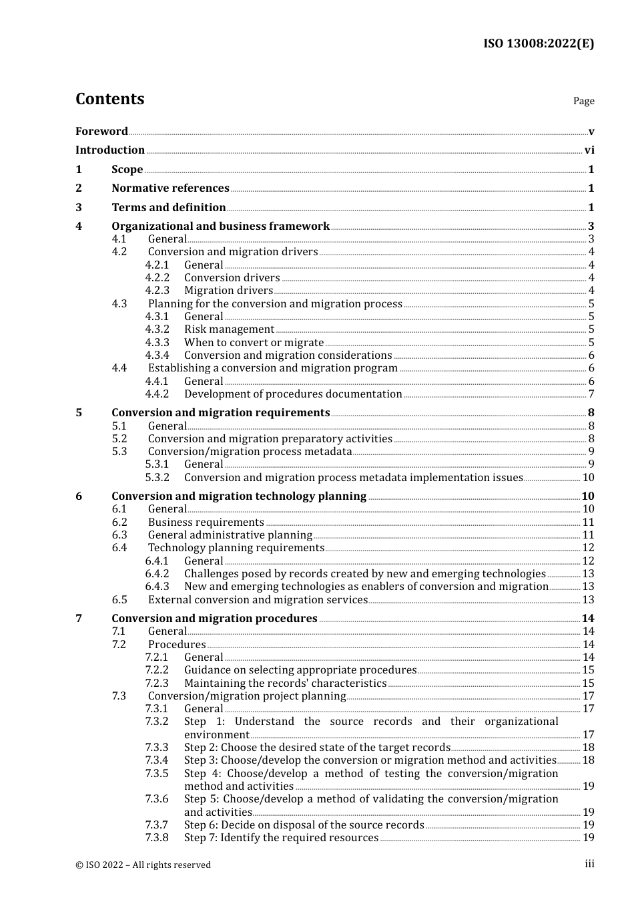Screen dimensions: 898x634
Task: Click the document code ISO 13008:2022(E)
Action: [x=538, y=43]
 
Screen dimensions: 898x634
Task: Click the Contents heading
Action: [x=109, y=99]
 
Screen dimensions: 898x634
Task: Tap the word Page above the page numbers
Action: [x=583, y=101]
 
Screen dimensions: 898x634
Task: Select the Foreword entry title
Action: [x=101, y=131]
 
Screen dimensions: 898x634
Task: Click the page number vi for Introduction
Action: [x=589, y=150]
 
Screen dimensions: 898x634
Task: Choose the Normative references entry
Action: [x=170, y=188]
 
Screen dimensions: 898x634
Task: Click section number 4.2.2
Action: [x=157, y=278]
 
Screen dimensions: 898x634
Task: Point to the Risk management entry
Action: [x=229, y=329]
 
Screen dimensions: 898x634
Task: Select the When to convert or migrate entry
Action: [x=254, y=343]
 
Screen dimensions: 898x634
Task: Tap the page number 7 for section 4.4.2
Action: [x=591, y=394]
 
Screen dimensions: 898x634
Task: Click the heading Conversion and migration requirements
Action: [x=220, y=413]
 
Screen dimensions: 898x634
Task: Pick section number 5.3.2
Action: [x=157, y=478]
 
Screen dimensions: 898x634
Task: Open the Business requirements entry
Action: [x=206, y=522]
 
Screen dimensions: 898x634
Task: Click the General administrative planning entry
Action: [x=230, y=535]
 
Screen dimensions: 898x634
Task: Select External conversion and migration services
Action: [x=258, y=600]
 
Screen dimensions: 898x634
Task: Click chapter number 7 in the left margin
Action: [x=79, y=619]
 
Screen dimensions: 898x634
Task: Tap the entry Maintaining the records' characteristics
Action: [x=285, y=684]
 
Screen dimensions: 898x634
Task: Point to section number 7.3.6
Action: [x=157, y=799]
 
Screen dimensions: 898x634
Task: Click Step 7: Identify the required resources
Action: [x=281, y=838]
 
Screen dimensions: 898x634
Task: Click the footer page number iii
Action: [x=589, y=864]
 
